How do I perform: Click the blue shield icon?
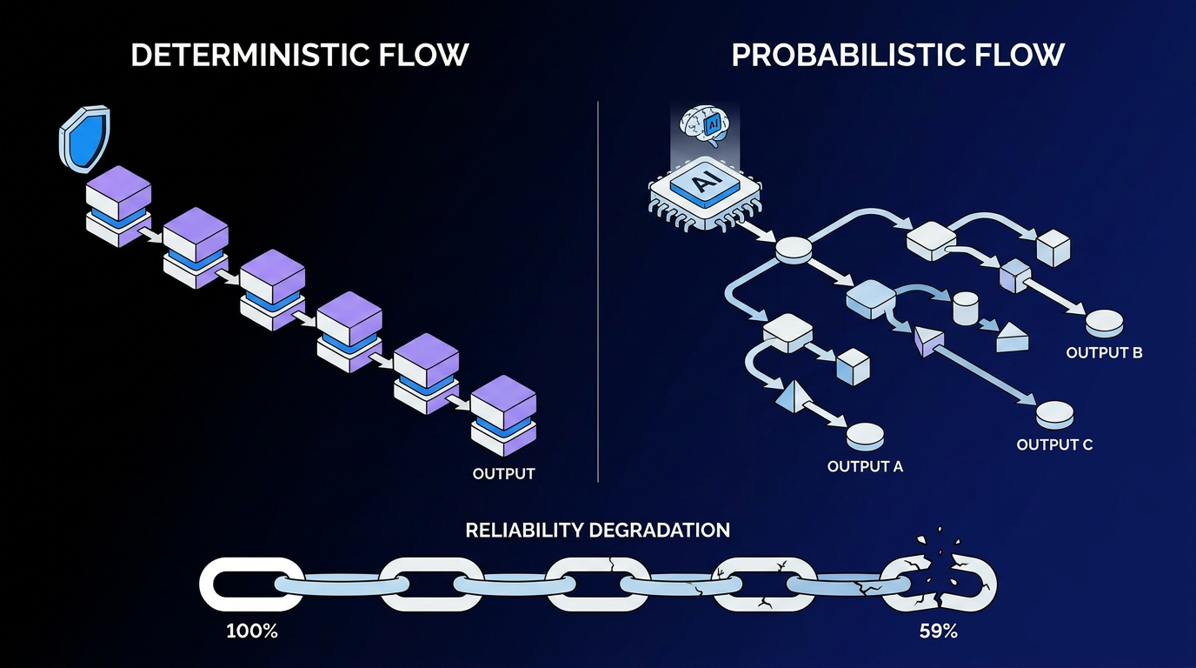(x=84, y=139)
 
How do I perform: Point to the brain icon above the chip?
(x=705, y=126)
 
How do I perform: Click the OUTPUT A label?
(x=865, y=466)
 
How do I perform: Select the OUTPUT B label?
(x=1104, y=353)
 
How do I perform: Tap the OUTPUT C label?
(x=1054, y=444)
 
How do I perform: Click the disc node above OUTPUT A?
(x=865, y=436)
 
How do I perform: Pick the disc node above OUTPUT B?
(x=1105, y=324)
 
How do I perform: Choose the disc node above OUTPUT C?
(x=1055, y=415)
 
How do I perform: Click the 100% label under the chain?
(x=252, y=631)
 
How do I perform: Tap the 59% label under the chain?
(x=938, y=631)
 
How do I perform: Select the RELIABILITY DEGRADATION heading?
(x=597, y=530)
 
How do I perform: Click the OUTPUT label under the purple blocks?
(x=503, y=473)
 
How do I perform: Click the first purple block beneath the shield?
(x=118, y=206)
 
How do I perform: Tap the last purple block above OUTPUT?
(x=503, y=415)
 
